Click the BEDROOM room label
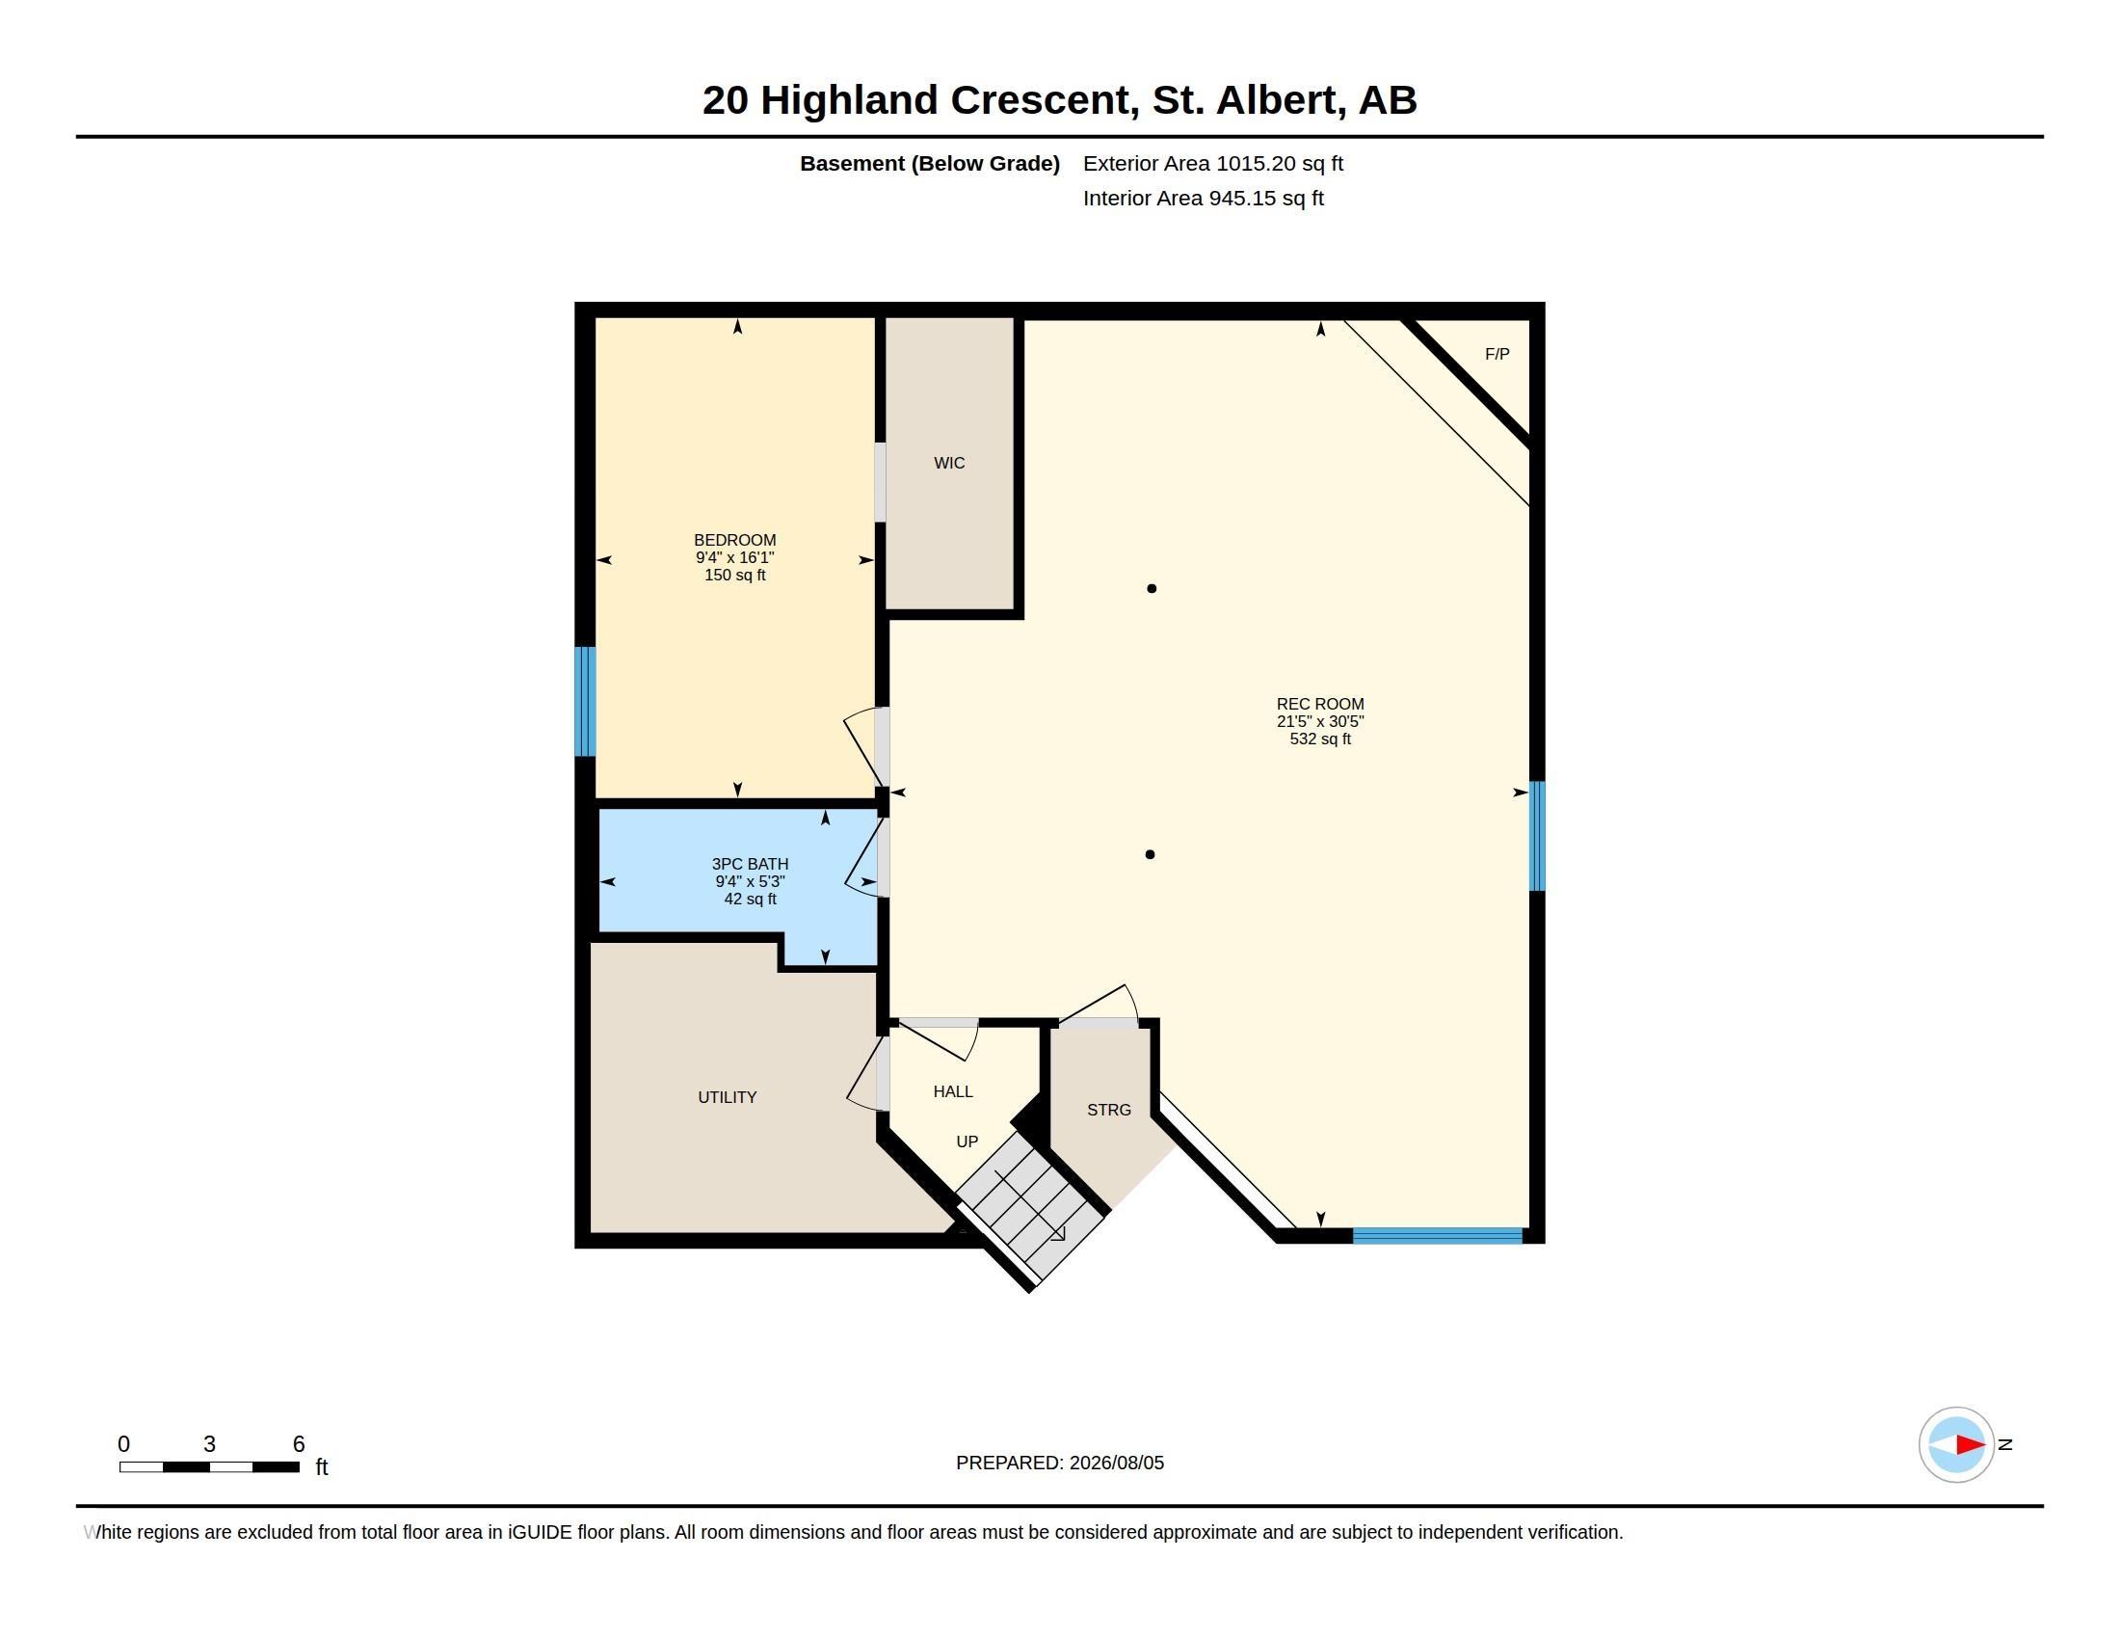735,540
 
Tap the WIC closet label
949,463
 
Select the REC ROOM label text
1320,704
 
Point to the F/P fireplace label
1497,355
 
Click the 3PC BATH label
750,864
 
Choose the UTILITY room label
727,1097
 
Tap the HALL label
953,1091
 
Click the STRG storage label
1108,1110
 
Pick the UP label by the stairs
967,1142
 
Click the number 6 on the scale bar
299,1444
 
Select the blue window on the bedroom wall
584,701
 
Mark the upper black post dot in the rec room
1152,588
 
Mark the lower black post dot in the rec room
1151,854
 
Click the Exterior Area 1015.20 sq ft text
1212,163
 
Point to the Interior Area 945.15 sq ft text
1203,198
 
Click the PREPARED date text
1060,1463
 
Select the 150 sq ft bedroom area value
735,575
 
